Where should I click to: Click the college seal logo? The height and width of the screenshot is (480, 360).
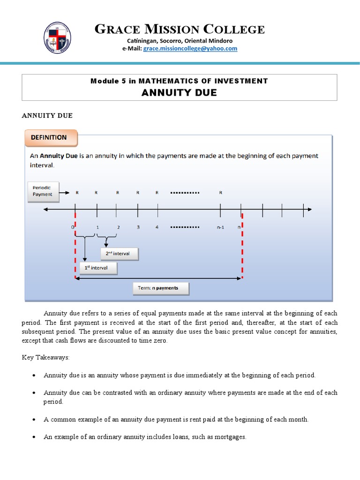59,37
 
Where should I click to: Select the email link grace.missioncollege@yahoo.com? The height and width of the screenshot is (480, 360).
190,48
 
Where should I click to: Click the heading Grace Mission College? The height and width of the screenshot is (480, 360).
180,30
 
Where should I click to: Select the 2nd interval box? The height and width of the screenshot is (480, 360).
120,254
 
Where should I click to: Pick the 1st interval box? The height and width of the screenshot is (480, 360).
98,268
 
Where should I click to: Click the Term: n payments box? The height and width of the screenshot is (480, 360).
161,288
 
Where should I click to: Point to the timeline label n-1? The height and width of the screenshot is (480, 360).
220,227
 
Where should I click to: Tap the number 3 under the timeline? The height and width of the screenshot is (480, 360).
138,227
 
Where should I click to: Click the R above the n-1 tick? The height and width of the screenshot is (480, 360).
220,192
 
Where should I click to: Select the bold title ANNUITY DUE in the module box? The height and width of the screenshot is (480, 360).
180,92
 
